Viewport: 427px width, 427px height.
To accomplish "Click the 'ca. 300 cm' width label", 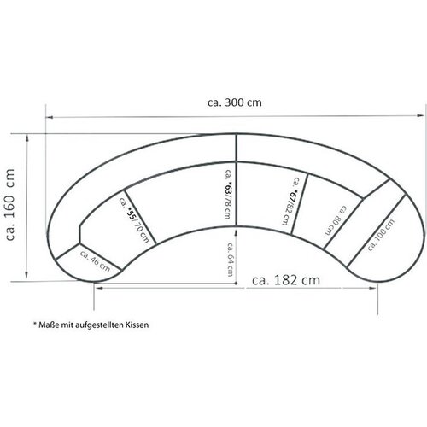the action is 235,102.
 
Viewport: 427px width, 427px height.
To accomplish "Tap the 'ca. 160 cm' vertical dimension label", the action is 9,205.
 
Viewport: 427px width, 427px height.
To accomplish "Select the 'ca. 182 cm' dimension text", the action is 286,280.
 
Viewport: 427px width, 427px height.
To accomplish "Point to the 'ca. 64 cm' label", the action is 230,260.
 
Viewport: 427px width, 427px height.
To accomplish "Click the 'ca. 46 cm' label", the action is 95,261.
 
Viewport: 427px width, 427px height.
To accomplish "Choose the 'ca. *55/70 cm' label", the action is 134,220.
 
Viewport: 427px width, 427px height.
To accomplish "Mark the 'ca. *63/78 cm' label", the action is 228,194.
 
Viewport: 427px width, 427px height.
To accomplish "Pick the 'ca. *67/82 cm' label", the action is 290,201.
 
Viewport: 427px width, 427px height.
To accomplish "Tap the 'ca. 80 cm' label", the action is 336,220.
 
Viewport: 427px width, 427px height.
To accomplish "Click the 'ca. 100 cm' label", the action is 381,235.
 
